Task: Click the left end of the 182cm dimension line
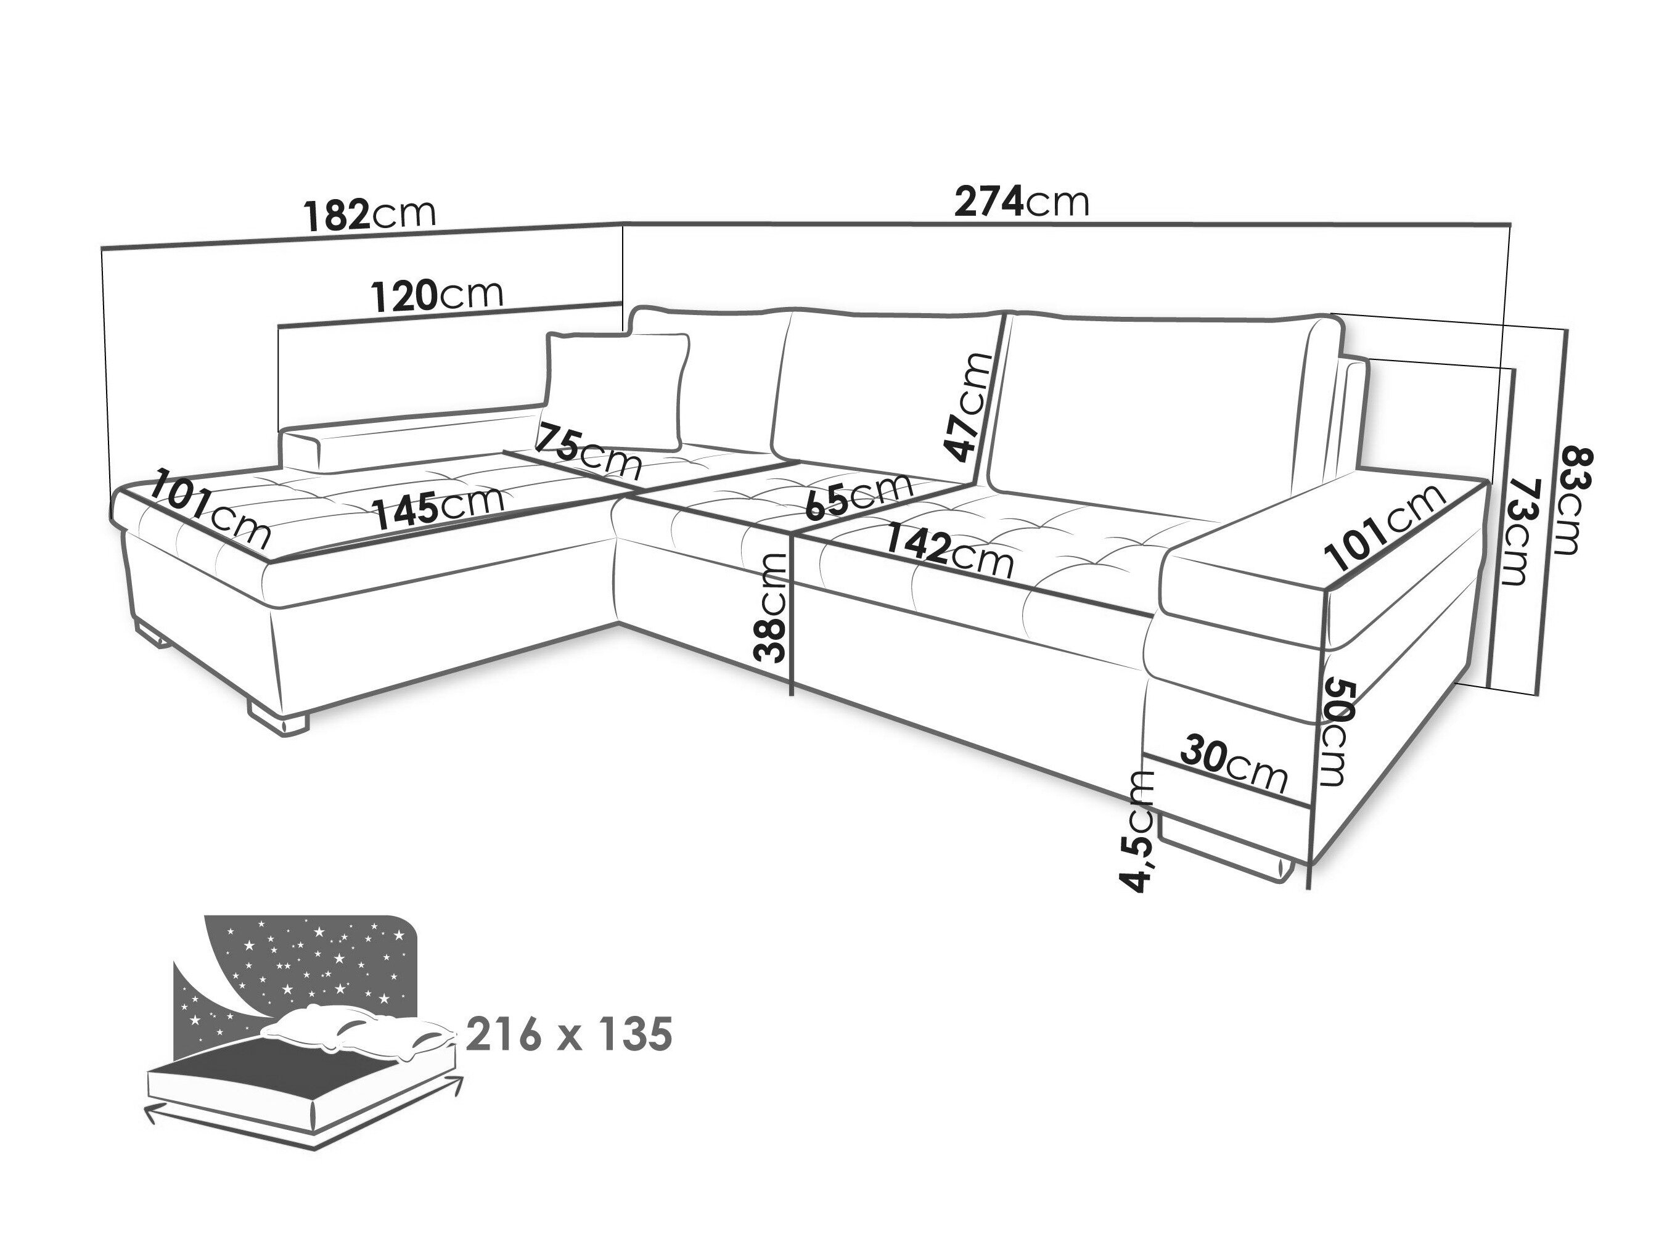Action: [x=102, y=248]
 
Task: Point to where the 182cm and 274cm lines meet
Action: [x=623, y=224]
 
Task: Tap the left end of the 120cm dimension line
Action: [x=281, y=327]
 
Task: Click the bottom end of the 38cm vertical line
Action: [x=792, y=695]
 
